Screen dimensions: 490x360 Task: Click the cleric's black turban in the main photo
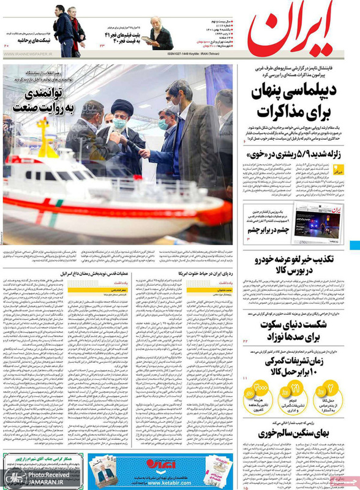121,107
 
